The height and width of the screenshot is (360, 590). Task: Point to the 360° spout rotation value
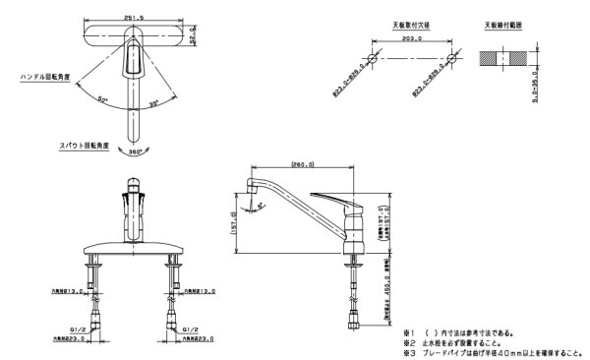coord(133,152)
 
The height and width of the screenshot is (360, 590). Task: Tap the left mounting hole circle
coord(373,58)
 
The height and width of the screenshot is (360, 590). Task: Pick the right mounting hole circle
coord(451,58)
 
